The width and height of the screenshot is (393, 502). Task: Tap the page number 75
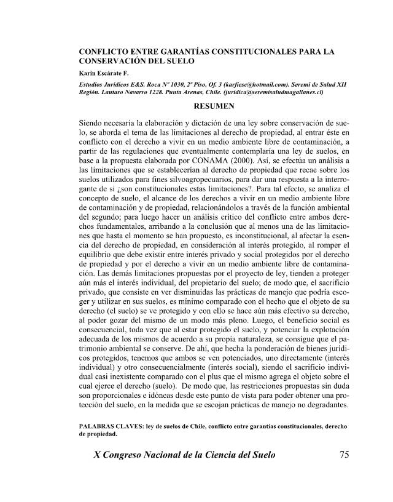point(344,456)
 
